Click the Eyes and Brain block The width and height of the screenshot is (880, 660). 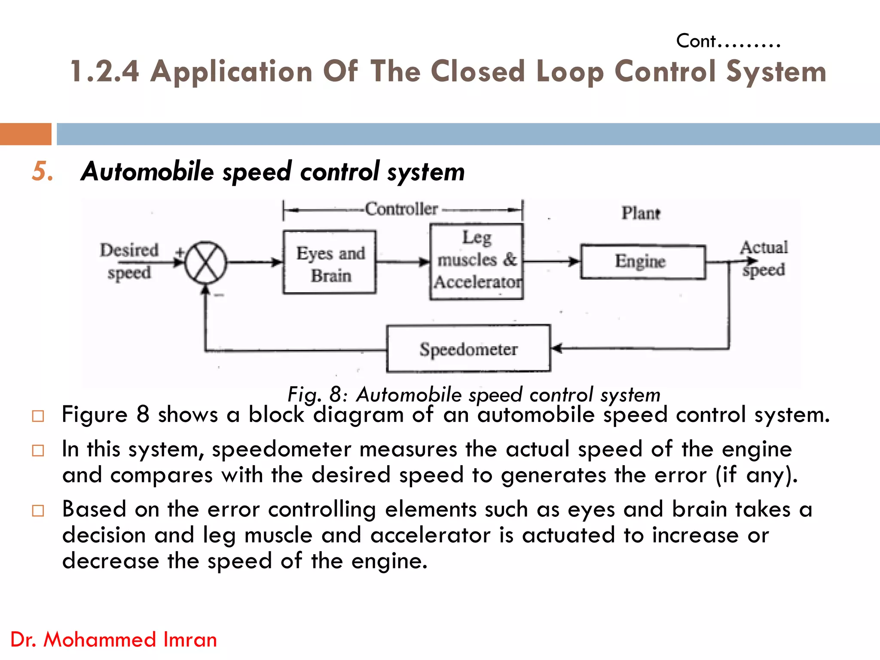coord(330,262)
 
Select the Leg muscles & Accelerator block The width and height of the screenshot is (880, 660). coord(477,261)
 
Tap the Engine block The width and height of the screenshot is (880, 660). coord(643,261)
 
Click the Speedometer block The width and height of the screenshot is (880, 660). coord(468,348)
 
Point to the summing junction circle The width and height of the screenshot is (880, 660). coord(206,262)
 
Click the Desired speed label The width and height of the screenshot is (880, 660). coord(129,261)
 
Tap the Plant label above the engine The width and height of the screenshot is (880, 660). coord(640,213)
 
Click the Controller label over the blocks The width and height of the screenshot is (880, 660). coord(401,209)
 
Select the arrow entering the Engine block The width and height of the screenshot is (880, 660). coord(552,261)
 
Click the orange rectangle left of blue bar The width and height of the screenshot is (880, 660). coord(25,134)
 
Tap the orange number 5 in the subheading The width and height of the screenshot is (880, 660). coord(42,171)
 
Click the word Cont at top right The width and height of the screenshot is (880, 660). coord(696,41)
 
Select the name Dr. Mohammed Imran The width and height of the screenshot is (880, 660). coord(113,639)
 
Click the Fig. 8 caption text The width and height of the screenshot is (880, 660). coord(474,394)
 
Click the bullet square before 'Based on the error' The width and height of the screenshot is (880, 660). coord(38,510)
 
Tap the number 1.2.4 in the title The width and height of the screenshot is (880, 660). coord(104,71)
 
